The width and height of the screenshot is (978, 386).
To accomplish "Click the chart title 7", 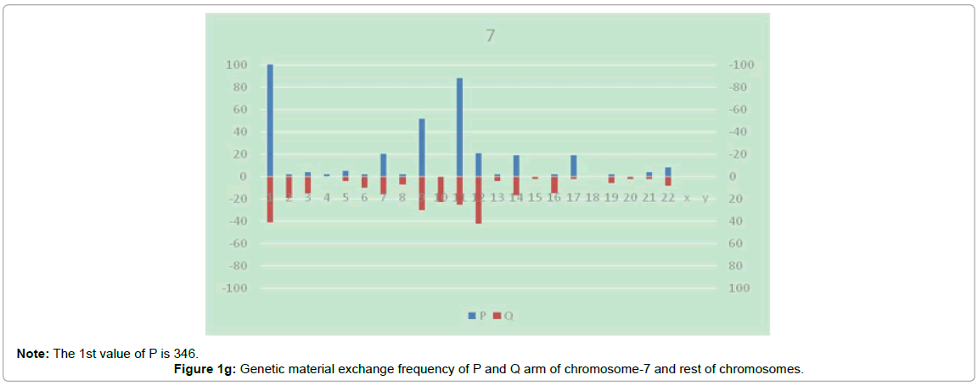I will click(x=491, y=36).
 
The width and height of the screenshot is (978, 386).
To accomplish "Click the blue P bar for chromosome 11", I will click(x=459, y=127).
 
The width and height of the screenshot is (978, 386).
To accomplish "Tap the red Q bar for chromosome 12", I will click(x=479, y=199).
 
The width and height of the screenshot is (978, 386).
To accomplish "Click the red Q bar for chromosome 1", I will click(x=270, y=199).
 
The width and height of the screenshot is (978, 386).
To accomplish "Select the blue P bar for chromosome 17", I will click(x=573, y=165).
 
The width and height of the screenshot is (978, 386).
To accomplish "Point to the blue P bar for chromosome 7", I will click(x=384, y=165).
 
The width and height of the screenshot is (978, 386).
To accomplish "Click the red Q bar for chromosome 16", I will click(x=554, y=185).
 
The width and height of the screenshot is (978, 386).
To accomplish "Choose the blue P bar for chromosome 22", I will click(x=668, y=171).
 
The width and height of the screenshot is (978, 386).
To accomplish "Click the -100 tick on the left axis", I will click(x=234, y=288).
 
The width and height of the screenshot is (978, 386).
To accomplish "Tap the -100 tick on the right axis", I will click(x=740, y=65).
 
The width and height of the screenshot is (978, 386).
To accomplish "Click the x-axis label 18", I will click(x=592, y=198).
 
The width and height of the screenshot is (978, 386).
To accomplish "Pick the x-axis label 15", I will click(x=535, y=198).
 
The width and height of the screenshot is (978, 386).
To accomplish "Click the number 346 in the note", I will click(x=188, y=353).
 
